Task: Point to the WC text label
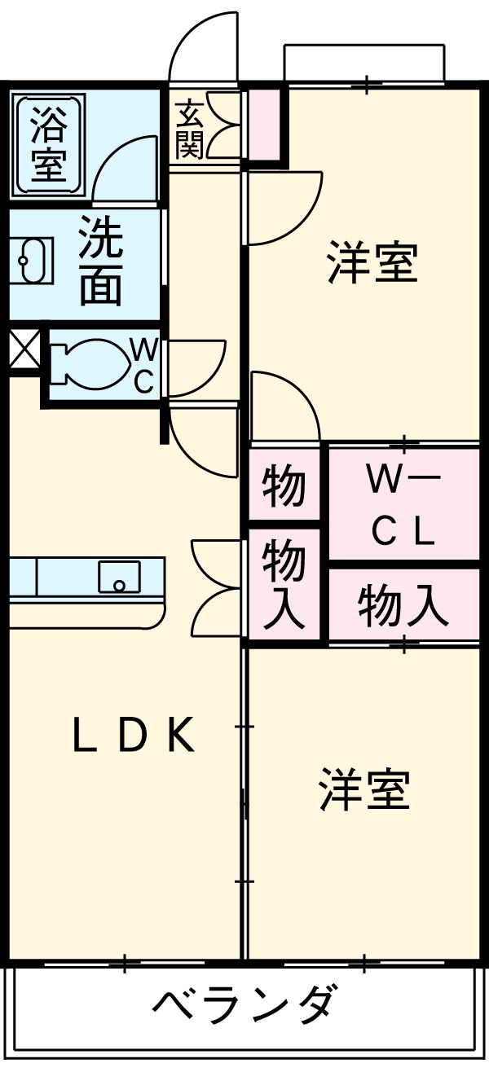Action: (x=143, y=366)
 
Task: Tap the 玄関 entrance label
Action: (x=189, y=129)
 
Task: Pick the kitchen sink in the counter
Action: (x=119, y=578)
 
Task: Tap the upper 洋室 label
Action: (x=372, y=262)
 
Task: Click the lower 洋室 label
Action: (x=364, y=789)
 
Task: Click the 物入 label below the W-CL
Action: (x=403, y=606)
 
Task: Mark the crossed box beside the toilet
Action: (x=23, y=348)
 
